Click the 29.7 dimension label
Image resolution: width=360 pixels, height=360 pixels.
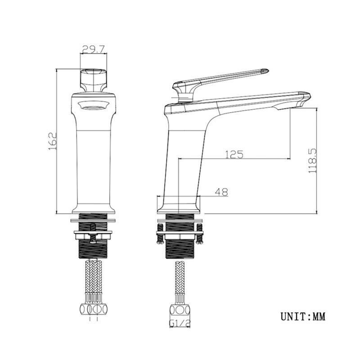pos(94,49)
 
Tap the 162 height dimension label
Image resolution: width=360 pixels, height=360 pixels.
pos(53,141)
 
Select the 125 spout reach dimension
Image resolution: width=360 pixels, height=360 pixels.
pos(234,154)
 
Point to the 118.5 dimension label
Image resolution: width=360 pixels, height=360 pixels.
pos(313,161)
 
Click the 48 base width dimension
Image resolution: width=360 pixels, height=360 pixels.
pos(221,192)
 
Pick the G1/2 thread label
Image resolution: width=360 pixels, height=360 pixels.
pos(180,323)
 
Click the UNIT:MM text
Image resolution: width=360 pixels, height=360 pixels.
pos(303,316)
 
